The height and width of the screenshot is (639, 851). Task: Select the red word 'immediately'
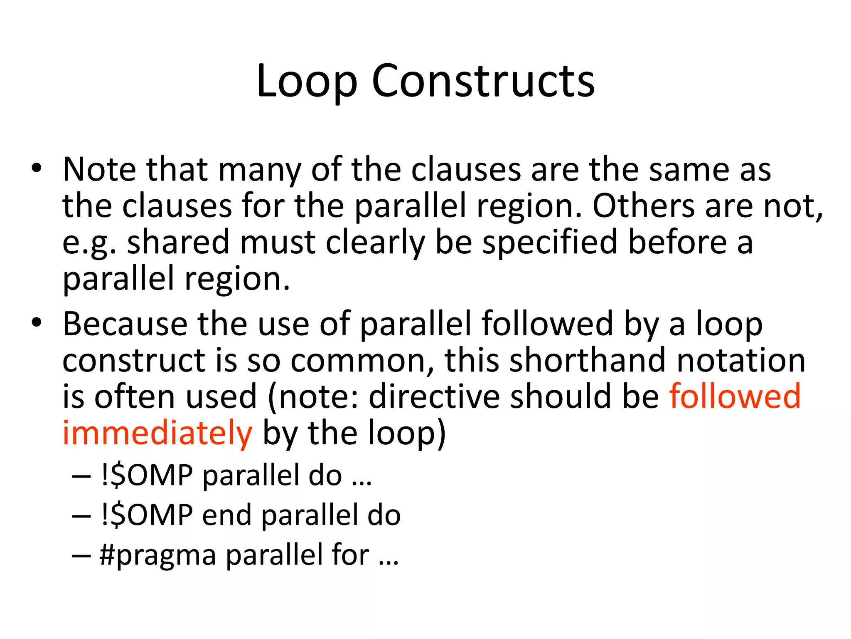coord(157,433)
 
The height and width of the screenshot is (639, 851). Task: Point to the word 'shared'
coord(178,243)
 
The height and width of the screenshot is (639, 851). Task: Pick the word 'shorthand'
coord(588,360)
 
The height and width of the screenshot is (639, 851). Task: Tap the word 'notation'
coord(741,360)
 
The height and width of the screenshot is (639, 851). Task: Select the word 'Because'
coord(125,324)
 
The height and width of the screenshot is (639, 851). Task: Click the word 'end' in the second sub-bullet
coord(227,515)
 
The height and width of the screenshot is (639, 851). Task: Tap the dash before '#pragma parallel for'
coord(81,556)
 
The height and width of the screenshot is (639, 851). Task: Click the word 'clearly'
coord(375,243)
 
